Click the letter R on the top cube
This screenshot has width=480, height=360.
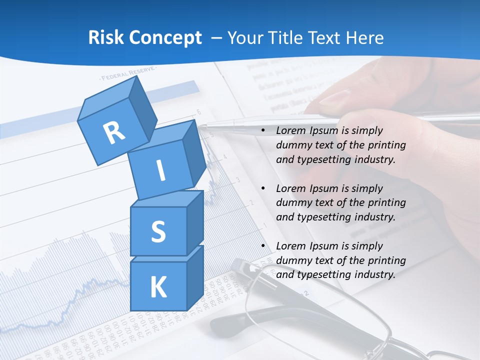114,132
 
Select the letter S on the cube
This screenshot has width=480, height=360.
158,232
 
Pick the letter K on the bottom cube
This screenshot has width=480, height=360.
158,287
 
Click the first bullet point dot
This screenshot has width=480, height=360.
262,131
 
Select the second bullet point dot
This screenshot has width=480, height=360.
262,189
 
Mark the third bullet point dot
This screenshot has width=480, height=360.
262,246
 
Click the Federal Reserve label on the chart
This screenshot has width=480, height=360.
127,75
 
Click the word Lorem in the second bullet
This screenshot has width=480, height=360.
290,188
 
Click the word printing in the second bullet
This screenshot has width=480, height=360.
386,203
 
